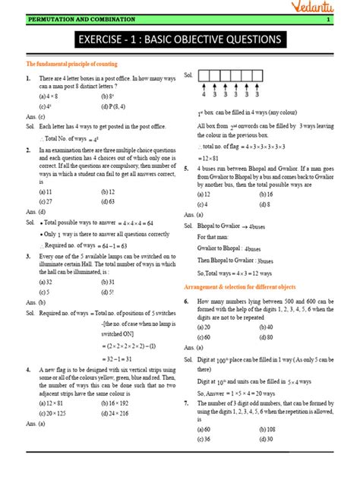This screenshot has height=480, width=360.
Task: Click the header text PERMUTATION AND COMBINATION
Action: (x=70, y=18)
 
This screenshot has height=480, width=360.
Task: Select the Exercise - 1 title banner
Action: (x=180, y=39)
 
